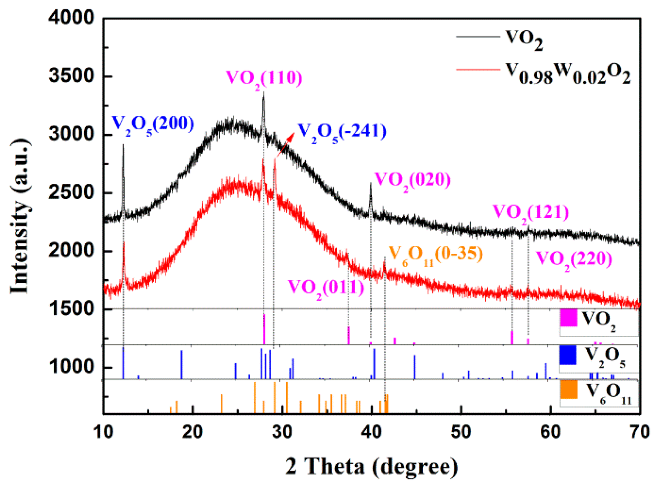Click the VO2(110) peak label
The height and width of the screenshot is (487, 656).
[x=264, y=79]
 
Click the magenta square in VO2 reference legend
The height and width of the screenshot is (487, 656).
[x=568, y=318]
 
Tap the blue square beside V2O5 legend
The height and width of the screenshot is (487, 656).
[x=568, y=355]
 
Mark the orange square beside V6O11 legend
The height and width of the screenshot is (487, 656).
[x=568, y=389]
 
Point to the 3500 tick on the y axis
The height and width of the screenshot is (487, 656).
[x=71, y=76]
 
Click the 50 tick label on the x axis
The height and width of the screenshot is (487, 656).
[x=461, y=432]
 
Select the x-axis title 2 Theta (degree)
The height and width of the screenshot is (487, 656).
[x=371, y=467]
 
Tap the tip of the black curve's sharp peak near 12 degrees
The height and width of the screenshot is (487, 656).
[x=123, y=145]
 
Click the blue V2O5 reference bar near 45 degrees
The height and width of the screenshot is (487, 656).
[x=414, y=367]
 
